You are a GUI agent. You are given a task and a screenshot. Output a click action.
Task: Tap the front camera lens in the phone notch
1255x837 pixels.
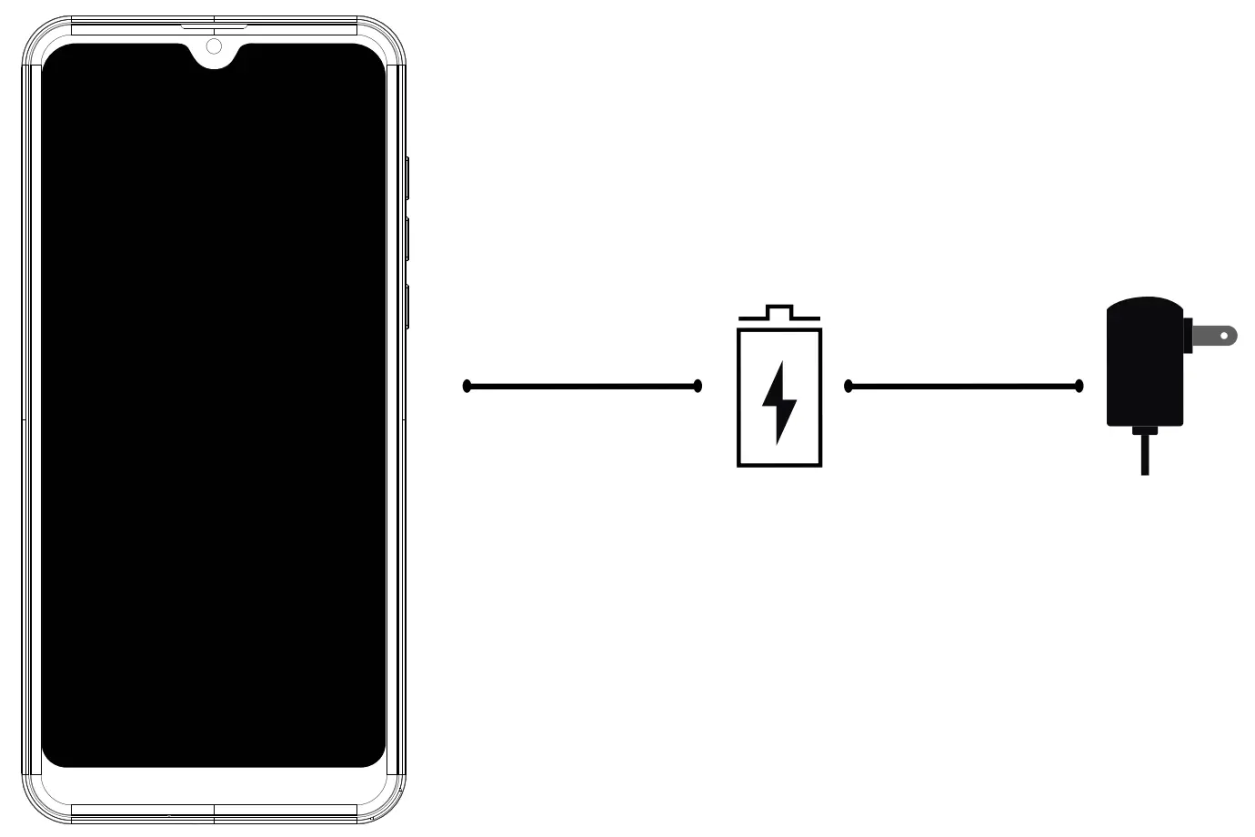point(214,46)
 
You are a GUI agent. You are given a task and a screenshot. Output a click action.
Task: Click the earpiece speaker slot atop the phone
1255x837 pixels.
point(214,26)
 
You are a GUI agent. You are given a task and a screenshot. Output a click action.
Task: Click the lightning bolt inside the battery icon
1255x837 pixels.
point(778,402)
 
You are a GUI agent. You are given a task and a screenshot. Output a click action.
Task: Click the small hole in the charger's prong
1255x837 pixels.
point(1224,336)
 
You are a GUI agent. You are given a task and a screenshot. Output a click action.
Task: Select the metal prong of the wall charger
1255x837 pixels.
point(1213,336)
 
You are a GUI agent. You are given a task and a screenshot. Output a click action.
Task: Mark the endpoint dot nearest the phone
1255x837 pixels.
point(467,387)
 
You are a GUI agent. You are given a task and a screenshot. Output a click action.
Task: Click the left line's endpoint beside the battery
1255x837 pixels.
point(698,387)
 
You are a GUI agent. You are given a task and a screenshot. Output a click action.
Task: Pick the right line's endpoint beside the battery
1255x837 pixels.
point(848,387)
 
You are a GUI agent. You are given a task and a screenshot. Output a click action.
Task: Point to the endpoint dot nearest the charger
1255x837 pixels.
point(1079,387)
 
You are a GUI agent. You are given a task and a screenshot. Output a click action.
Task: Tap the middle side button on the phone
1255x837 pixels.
point(407,239)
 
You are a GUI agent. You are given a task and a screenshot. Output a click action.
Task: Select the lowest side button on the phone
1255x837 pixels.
point(407,307)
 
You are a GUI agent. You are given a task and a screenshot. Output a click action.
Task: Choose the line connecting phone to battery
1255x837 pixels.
point(582,387)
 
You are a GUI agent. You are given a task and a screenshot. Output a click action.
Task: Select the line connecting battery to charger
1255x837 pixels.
point(964,387)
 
